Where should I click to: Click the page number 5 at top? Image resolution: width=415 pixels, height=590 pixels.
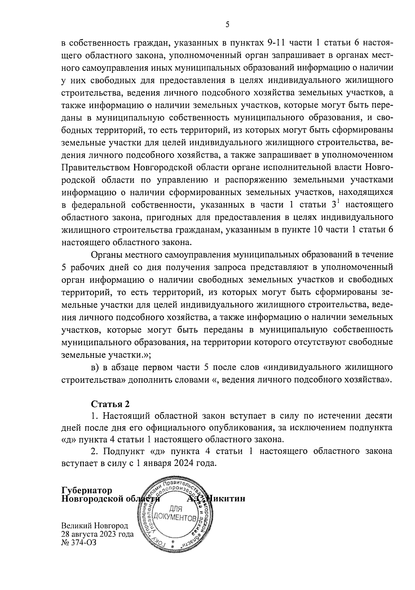click(x=227, y=25)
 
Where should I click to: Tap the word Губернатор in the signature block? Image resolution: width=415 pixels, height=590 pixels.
click(x=87, y=491)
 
